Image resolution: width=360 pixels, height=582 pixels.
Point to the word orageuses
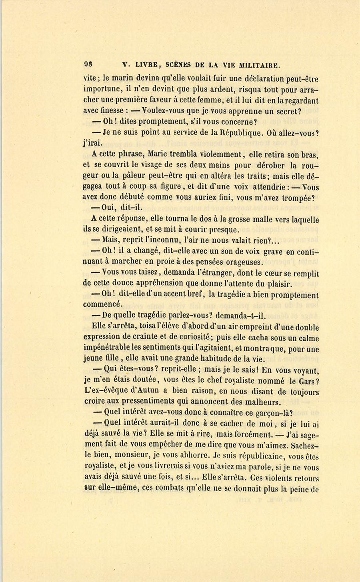click(242, 262)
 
